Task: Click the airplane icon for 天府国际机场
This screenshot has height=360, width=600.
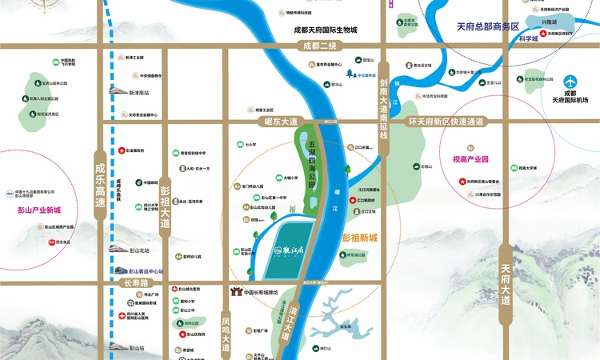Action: click(570, 82)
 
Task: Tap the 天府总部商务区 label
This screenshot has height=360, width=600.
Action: click(488, 26)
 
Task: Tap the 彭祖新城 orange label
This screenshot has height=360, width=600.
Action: click(359, 238)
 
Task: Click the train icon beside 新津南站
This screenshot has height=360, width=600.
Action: click(112, 92)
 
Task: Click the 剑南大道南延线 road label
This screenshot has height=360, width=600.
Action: click(384, 108)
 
